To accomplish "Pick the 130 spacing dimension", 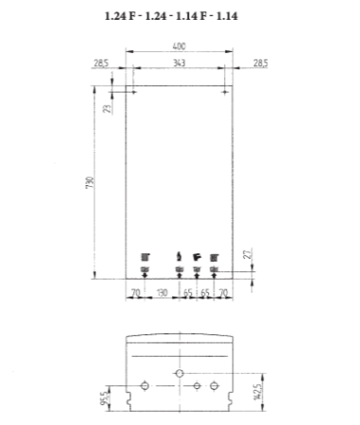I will (163, 294).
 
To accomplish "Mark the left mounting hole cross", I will (134, 93).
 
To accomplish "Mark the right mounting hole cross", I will (224, 93).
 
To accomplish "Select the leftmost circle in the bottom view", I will (144, 386).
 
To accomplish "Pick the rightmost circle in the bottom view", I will (215, 386).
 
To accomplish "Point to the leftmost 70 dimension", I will (135, 294).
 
